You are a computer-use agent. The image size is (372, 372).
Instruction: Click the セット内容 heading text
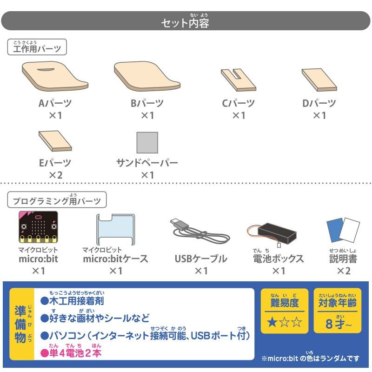(x=185, y=23)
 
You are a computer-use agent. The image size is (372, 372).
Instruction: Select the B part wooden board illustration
(x=147, y=76)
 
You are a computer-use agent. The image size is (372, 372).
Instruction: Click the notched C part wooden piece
(x=239, y=80)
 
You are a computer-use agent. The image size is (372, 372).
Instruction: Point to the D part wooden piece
(x=319, y=80)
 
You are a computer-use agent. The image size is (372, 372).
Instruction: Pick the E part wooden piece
(x=55, y=141)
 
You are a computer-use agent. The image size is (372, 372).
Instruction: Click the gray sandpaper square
(x=147, y=143)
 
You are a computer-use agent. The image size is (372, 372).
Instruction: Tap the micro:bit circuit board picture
(x=38, y=227)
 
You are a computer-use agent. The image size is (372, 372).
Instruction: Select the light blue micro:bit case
(x=115, y=229)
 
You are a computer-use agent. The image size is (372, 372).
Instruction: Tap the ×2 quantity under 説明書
(x=344, y=271)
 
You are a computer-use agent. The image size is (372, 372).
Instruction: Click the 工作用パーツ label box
(x=37, y=47)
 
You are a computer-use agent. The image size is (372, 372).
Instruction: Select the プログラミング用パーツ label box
(x=57, y=199)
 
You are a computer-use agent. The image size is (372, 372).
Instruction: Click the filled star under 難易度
(x=272, y=322)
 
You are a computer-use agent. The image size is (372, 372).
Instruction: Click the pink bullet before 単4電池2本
(x=44, y=353)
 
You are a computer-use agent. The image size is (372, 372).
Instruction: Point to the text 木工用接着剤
(x=77, y=301)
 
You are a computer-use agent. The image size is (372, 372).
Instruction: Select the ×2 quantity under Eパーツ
(x=55, y=175)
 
